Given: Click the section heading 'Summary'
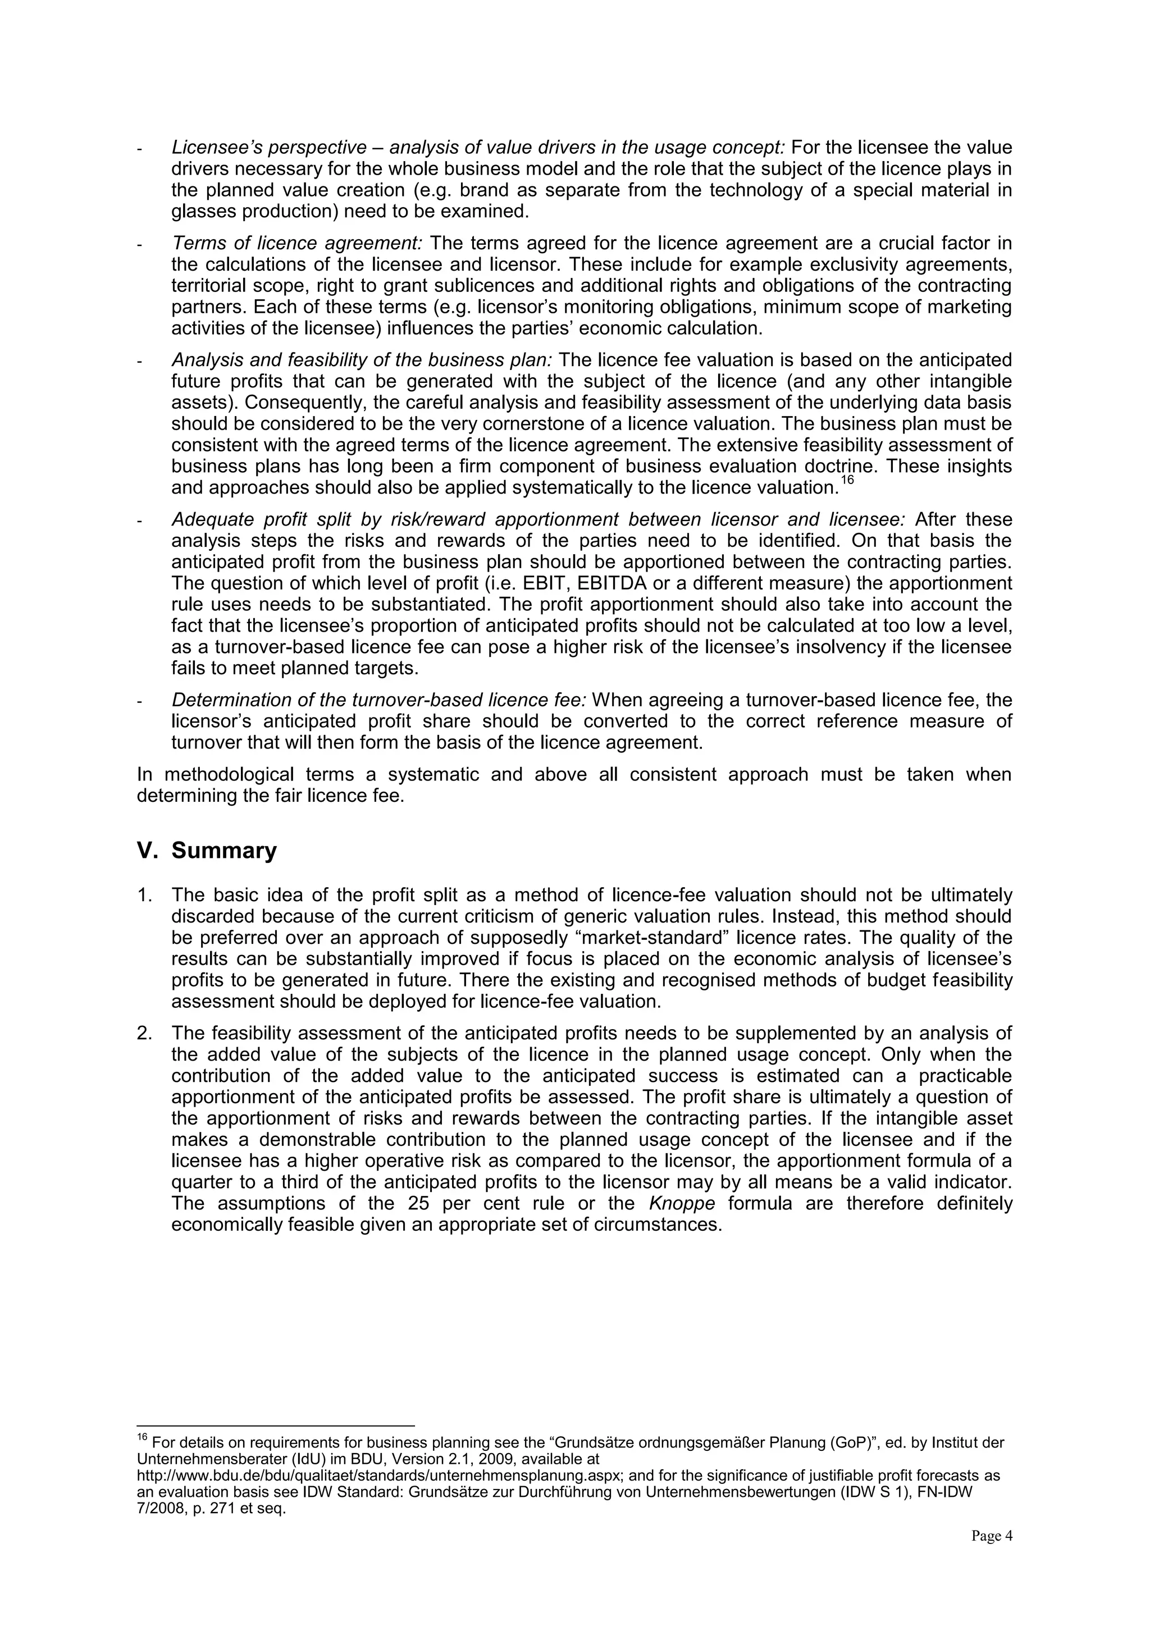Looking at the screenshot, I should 224,851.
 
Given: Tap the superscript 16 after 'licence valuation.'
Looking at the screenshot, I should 848,481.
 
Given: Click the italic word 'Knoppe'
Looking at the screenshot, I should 682,1204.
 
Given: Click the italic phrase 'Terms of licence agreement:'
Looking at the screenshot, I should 296,244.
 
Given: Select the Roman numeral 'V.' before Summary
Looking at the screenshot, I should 147,851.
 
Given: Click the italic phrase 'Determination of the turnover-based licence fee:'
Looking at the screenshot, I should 379,700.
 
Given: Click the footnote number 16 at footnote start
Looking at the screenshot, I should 142,1438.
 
